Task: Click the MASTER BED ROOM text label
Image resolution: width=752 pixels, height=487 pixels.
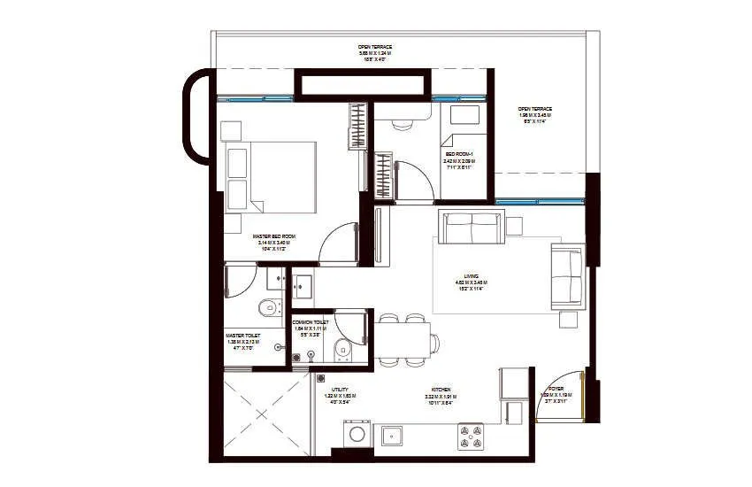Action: (x=273, y=242)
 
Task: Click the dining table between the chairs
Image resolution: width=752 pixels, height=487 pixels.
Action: (x=403, y=338)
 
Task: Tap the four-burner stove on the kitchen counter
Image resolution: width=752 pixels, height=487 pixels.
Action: (x=469, y=434)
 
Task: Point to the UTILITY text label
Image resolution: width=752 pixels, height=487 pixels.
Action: (x=340, y=394)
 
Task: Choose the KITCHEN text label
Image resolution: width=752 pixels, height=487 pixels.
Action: (x=439, y=394)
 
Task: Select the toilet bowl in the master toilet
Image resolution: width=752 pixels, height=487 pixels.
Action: (x=263, y=308)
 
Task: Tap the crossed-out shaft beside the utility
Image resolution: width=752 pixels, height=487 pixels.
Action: (x=263, y=414)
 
